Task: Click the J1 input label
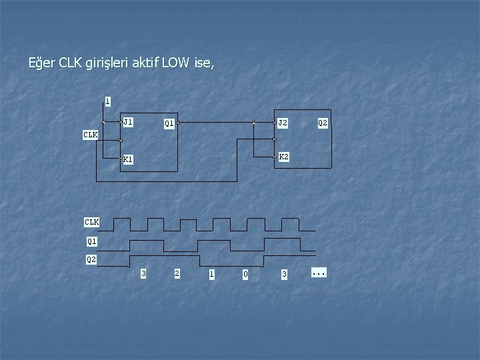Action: point(128,122)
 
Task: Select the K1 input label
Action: point(128,159)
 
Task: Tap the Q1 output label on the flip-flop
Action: point(169,123)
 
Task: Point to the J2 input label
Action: point(283,123)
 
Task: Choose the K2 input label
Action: point(283,157)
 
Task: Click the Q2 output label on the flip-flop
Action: point(323,123)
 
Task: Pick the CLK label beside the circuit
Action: point(90,135)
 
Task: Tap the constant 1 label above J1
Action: point(107,101)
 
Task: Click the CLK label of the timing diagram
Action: point(92,222)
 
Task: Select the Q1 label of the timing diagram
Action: point(92,241)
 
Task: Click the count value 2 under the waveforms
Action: point(176,273)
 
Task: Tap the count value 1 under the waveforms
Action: point(211,273)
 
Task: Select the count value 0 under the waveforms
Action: point(245,273)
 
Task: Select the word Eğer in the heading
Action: point(42,64)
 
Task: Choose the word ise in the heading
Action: point(203,64)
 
